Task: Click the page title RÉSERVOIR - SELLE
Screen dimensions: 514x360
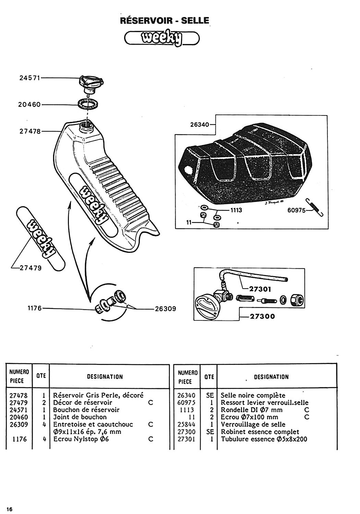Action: [165, 21]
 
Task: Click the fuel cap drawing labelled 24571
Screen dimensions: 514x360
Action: [91, 83]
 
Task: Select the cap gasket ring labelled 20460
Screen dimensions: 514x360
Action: [88, 103]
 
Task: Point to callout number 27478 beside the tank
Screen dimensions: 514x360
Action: [30, 131]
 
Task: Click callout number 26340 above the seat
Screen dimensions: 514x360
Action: [200, 125]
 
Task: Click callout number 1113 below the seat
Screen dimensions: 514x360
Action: [236, 210]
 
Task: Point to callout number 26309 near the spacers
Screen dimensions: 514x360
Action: [165, 309]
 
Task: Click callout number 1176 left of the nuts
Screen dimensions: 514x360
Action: [34, 308]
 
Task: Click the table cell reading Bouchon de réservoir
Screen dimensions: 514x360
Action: [86, 410]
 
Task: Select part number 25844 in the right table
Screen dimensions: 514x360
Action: [187, 425]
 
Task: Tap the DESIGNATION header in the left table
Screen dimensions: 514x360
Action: [105, 377]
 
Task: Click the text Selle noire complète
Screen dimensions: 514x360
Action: [253, 395]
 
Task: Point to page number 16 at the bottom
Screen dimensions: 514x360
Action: [9, 509]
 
